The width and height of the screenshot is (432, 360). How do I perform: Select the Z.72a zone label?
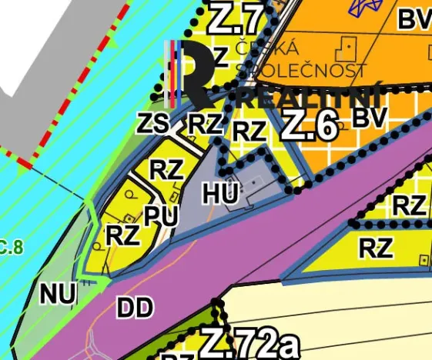249,344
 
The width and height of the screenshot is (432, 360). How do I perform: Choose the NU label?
58,293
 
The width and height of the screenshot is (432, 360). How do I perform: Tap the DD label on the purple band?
136,308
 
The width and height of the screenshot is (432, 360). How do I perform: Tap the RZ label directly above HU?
249,131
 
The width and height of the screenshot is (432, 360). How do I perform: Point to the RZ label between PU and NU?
123,234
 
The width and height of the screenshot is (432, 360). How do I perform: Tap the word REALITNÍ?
314,98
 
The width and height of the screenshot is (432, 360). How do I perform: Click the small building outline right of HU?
256,185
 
